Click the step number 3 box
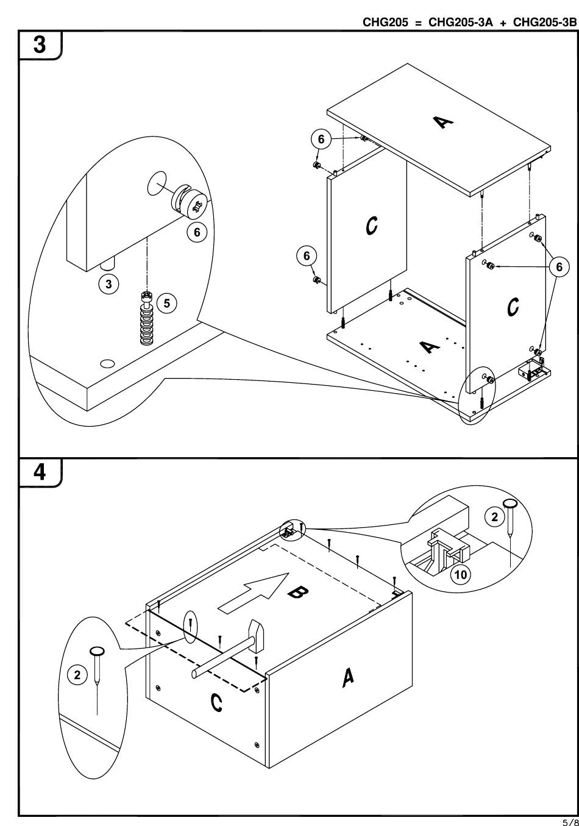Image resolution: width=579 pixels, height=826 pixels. pyautogui.click(x=40, y=46)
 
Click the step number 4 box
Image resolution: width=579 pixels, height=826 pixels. pyautogui.click(x=40, y=473)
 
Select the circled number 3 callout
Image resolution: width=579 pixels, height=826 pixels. pyautogui.click(x=109, y=284)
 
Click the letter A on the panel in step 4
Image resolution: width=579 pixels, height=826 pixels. pyautogui.click(x=347, y=677)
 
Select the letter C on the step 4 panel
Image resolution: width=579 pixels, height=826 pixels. pyautogui.click(x=216, y=703)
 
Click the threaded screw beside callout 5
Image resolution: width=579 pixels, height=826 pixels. pyautogui.click(x=147, y=319)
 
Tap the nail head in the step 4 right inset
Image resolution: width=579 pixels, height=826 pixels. pyautogui.click(x=510, y=504)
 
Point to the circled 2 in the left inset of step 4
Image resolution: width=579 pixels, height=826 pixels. pyautogui.click(x=77, y=675)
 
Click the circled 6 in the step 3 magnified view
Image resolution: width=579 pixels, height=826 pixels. pyautogui.click(x=197, y=232)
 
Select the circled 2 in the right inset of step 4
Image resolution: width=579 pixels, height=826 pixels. pyautogui.click(x=495, y=518)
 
